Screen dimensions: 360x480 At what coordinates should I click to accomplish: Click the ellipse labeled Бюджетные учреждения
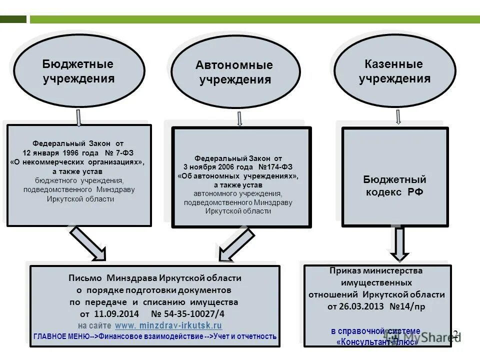click(x=78, y=71)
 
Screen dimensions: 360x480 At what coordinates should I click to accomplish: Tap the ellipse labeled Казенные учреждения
click(x=394, y=71)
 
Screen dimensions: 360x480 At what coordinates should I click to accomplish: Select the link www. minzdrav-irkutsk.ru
click(x=168, y=325)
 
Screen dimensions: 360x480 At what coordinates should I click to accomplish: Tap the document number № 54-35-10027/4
click(x=187, y=314)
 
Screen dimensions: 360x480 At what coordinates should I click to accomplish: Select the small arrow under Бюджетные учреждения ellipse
click(x=78, y=117)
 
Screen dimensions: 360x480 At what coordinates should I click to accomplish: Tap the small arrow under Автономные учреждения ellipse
click(x=239, y=118)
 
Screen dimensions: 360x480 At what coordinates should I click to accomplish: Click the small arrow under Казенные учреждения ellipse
click(x=398, y=117)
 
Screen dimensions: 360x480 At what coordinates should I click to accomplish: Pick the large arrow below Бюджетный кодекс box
click(x=398, y=243)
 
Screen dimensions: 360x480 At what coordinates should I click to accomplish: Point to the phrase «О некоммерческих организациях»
click(x=78, y=162)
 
